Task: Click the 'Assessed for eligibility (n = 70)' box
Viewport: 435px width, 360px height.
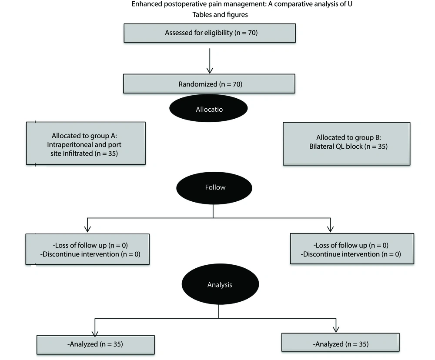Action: click(x=210, y=33)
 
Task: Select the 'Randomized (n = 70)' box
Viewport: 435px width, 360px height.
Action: click(x=209, y=84)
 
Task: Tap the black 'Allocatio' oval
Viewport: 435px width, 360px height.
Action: click(x=208, y=108)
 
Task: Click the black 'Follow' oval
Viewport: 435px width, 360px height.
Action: click(x=214, y=188)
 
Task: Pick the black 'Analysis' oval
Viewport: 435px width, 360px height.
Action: click(x=220, y=284)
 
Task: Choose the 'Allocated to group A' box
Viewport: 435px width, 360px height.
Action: click(x=86, y=143)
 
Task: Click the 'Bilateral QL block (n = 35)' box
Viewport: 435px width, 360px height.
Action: click(x=347, y=143)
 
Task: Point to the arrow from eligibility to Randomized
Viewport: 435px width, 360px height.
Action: click(x=210, y=61)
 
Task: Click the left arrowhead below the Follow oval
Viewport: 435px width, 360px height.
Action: click(x=87, y=228)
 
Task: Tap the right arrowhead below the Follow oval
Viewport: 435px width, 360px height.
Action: click(x=331, y=228)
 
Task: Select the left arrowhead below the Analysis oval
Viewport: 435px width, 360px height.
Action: click(x=95, y=333)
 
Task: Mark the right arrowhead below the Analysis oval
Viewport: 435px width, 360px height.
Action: click(x=336, y=329)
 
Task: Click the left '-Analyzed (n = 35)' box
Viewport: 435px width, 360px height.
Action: click(x=95, y=345)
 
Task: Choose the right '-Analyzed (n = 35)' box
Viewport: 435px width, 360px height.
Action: click(x=341, y=343)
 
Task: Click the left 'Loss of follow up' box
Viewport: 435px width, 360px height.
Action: click(x=87, y=249)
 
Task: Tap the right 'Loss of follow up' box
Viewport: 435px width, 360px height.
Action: click(x=352, y=249)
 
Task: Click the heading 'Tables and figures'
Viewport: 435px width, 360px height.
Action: click(x=220, y=15)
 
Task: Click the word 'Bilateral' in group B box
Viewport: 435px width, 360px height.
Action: click(x=321, y=147)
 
